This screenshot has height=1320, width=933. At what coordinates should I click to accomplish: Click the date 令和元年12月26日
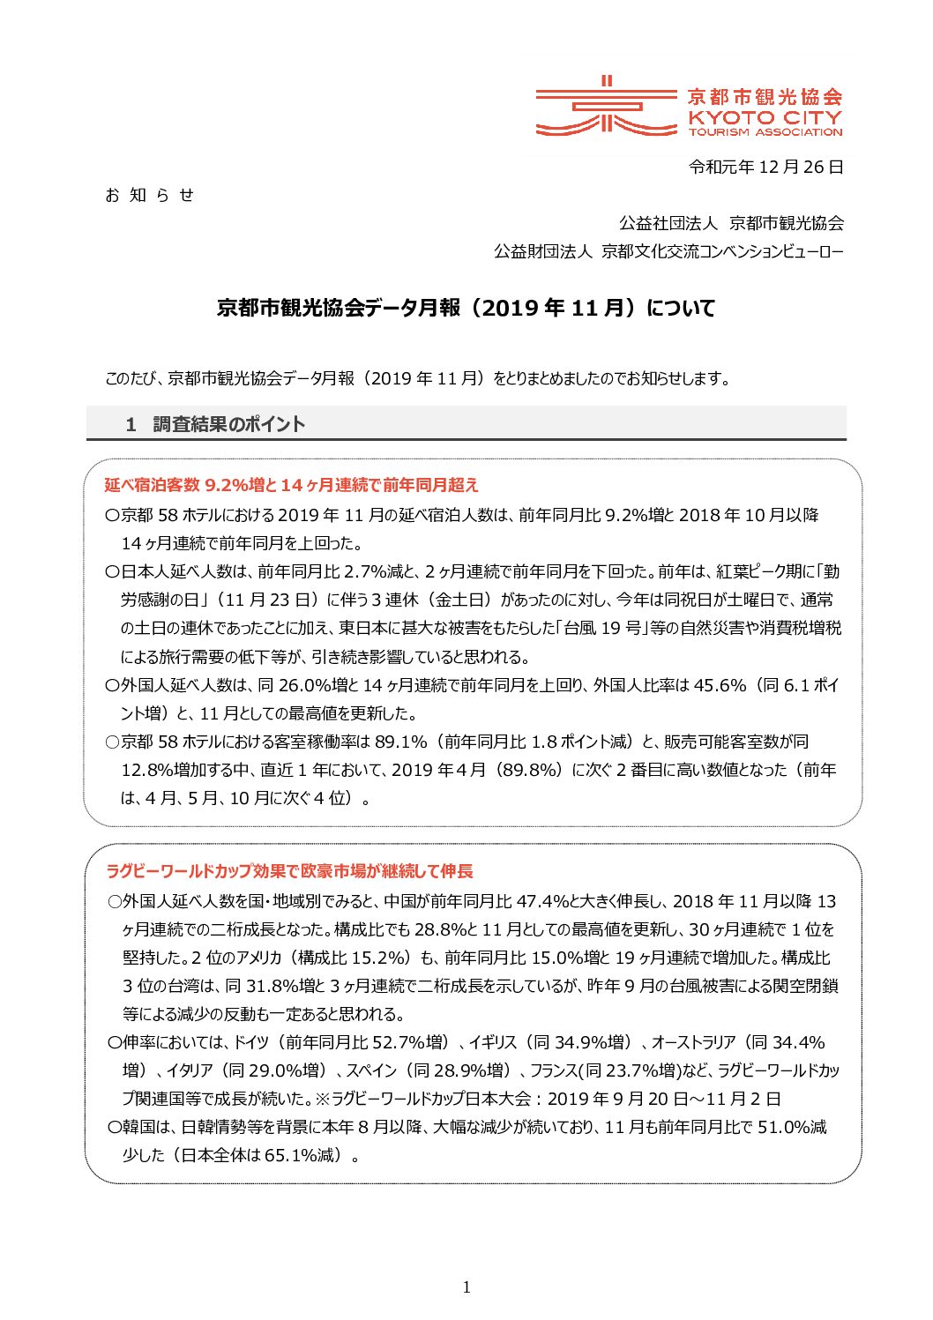(x=765, y=167)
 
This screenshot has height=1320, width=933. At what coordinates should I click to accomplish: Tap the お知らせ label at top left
(x=149, y=196)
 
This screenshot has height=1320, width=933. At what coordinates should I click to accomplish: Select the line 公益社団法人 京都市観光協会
(x=731, y=224)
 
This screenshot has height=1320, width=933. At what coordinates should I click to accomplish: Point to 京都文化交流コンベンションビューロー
(x=721, y=252)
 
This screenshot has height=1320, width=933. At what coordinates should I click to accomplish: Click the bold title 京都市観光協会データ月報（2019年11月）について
(x=466, y=309)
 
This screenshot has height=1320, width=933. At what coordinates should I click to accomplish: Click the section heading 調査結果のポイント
(x=228, y=424)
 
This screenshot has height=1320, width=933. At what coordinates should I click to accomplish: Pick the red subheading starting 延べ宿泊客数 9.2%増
(x=292, y=485)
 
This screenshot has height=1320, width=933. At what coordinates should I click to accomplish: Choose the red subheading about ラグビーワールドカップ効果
(x=289, y=871)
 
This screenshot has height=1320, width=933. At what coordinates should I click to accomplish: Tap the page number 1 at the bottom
(x=466, y=1287)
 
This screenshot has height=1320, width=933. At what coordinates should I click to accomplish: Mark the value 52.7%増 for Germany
(x=409, y=1042)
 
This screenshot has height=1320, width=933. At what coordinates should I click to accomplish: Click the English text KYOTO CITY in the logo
(x=765, y=117)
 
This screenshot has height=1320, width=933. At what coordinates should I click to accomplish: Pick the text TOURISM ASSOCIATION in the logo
(x=765, y=132)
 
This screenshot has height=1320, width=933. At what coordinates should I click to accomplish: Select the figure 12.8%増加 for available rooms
(x=166, y=770)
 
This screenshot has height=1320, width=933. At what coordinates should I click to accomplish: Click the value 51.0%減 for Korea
(x=792, y=1127)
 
